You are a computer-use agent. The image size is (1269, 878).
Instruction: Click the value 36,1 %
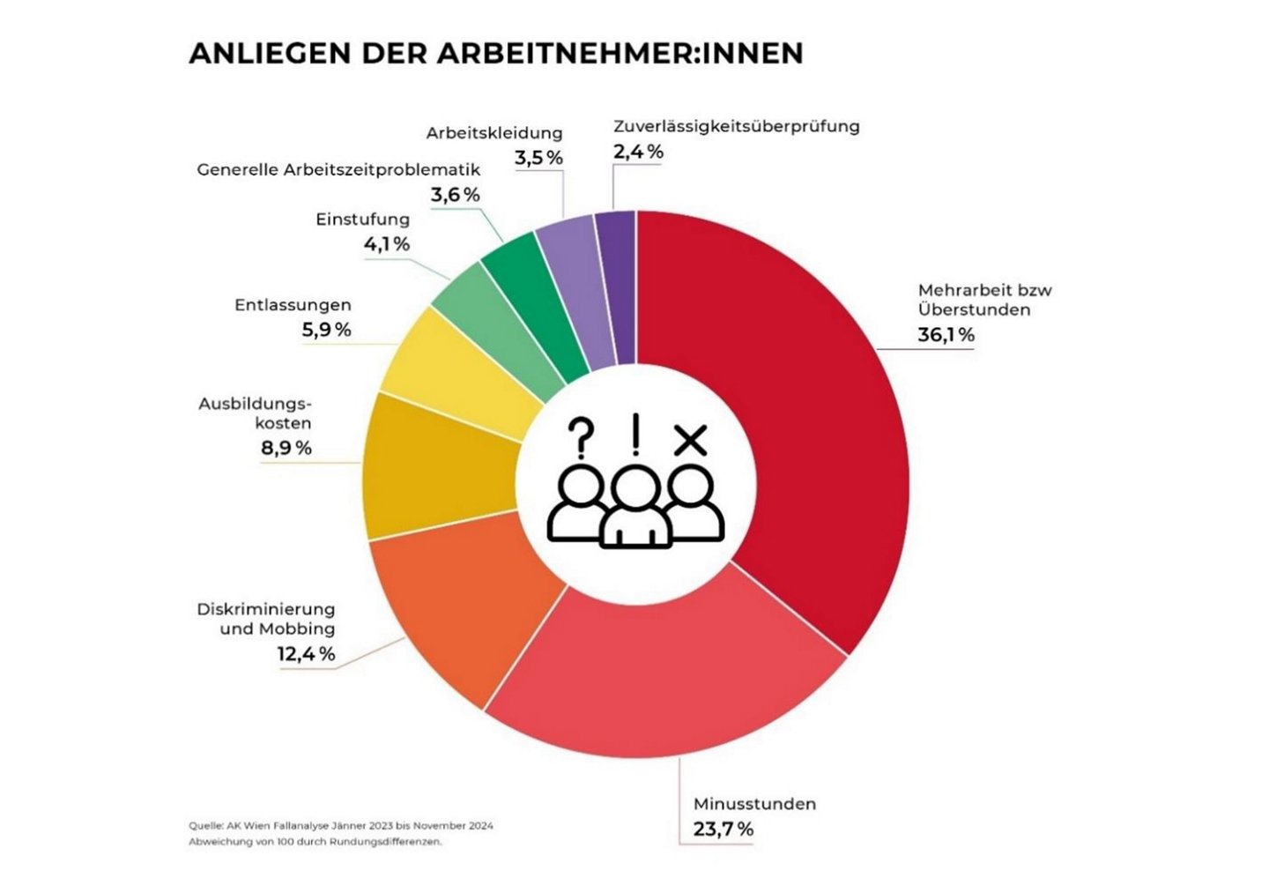point(946,335)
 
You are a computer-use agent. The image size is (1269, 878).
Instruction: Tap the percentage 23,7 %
point(723,830)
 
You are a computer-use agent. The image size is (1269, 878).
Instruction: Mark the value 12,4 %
point(306,654)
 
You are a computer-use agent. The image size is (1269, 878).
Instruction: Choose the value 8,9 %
point(286,448)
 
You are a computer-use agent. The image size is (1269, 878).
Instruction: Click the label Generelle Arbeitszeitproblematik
point(338,169)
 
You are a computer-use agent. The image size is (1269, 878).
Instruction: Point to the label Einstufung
point(362,219)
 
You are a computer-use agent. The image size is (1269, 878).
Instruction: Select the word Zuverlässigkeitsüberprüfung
point(736,126)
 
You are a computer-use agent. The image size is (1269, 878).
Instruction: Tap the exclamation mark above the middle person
point(635,435)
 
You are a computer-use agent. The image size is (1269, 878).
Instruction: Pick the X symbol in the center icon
point(690,439)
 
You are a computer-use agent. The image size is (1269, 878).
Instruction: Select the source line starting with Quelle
point(340,826)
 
